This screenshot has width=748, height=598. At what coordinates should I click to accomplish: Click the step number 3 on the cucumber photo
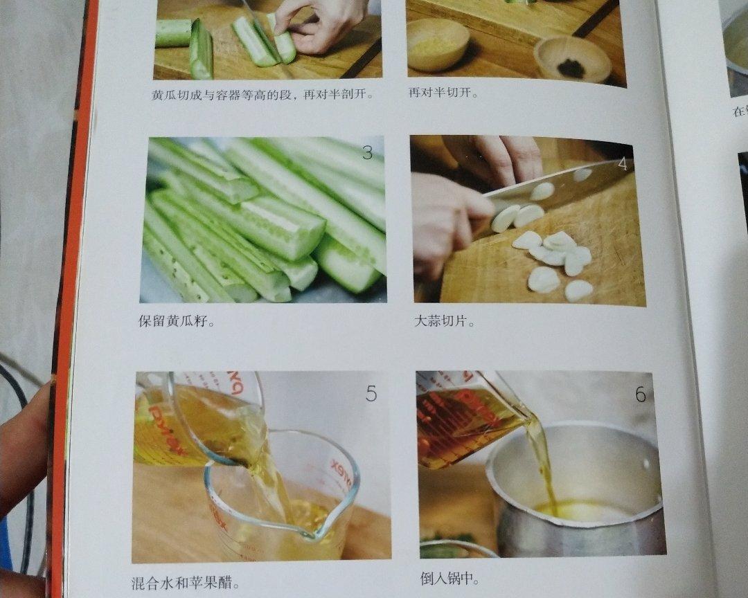[367, 153]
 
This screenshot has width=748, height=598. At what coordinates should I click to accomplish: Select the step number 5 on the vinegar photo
[371, 395]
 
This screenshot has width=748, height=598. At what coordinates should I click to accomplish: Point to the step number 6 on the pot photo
[640, 395]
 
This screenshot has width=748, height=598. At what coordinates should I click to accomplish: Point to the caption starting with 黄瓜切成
[263, 95]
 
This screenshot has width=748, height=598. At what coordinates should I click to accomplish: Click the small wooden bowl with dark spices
[572, 60]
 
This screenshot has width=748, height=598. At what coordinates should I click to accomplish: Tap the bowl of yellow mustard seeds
[438, 44]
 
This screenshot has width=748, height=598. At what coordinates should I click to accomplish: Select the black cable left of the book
[24, 471]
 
